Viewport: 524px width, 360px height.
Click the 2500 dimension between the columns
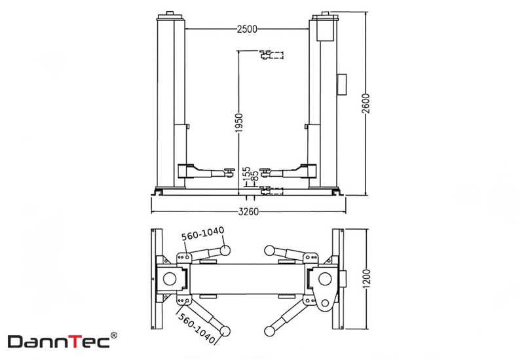coord(248,29)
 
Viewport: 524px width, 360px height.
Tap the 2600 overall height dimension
coord(366,103)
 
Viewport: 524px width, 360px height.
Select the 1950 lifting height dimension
coord(239,122)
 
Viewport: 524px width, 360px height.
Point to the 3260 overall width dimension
coord(249,211)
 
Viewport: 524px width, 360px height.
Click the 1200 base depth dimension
coord(367,279)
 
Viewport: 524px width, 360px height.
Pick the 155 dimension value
coord(247,174)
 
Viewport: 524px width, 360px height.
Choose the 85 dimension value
coord(254,176)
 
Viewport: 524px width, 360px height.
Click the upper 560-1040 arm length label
coord(202,234)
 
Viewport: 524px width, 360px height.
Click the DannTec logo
coord(59,342)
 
